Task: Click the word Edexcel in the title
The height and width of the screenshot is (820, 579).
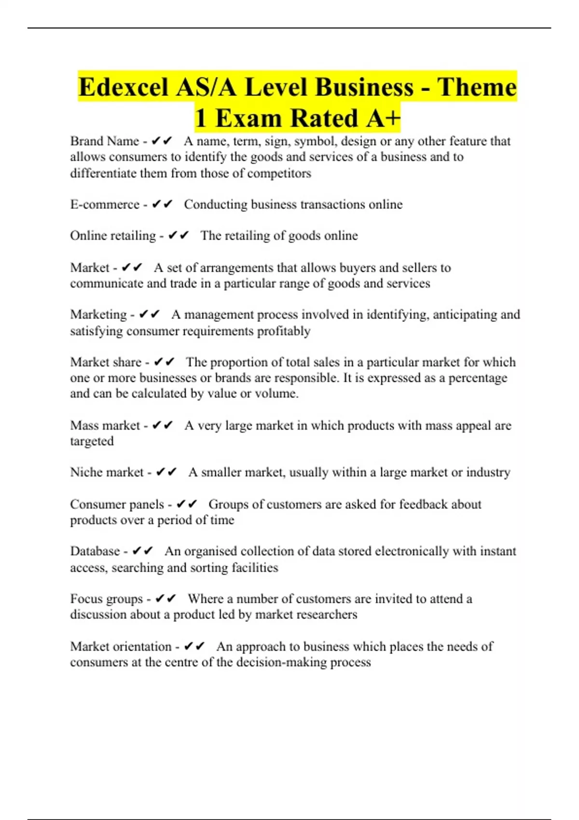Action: click(123, 87)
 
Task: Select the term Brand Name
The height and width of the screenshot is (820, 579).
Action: click(104, 141)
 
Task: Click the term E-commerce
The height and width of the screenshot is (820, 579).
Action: click(104, 204)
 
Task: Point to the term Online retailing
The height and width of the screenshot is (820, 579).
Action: click(112, 235)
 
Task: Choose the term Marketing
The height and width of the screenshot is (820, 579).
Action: click(98, 314)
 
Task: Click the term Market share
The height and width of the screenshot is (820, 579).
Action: click(105, 362)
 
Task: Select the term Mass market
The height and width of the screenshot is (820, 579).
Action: click(105, 425)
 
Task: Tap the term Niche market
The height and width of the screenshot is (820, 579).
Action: click(107, 472)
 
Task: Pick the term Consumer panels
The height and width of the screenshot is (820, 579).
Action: click(117, 504)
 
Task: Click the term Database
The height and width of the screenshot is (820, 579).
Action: click(95, 551)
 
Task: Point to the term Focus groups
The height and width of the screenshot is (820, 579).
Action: click(106, 599)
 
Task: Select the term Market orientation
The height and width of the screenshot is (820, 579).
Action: click(121, 646)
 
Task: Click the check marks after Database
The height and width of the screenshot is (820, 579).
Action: click(142, 551)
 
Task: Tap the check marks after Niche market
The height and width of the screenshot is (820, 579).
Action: click(166, 472)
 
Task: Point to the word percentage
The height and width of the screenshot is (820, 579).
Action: click(478, 378)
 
